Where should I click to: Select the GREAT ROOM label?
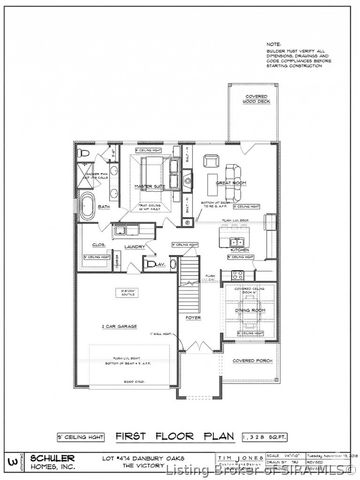230,182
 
